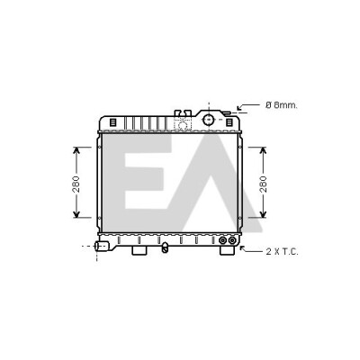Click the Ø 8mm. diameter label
point(281,105)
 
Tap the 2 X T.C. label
point(282,251)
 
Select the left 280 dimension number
point(76,184)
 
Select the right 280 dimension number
point(263,184)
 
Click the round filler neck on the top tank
point(208,120)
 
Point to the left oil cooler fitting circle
point(223,240)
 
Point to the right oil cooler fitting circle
point(232,240)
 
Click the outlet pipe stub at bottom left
point(101,247)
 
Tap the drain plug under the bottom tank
point(165,247)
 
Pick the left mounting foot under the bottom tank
point(139,250)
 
